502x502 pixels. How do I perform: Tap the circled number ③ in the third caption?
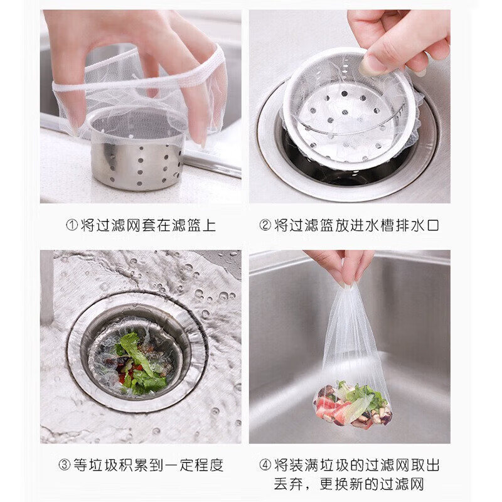pyautogui.click(x=65, y=465)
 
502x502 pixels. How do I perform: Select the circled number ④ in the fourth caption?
pyautogui.click(x=265, y=465)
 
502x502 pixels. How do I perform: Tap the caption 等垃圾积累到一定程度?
pyautogui.click(x=148, y=465)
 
